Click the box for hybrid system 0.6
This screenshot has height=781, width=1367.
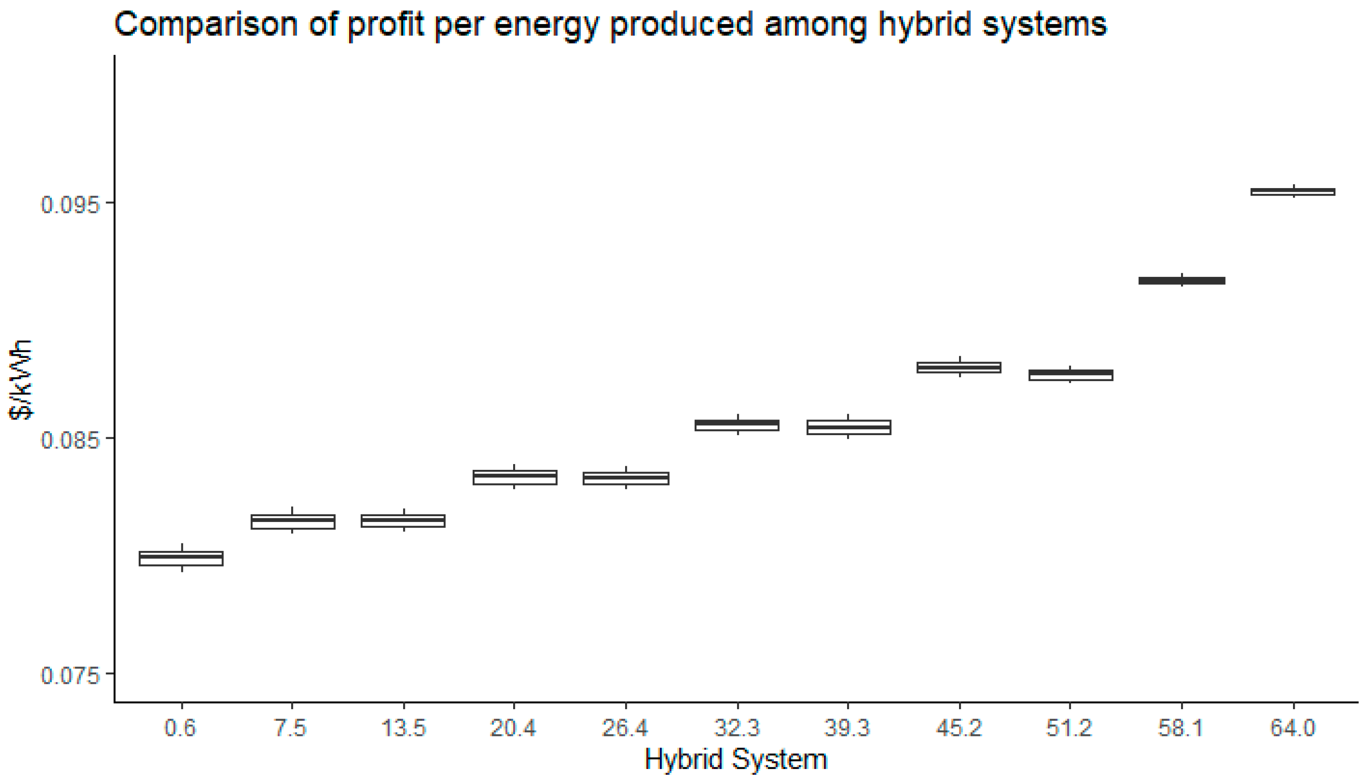pos(181,559)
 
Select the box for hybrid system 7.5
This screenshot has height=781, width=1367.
pos(293,522)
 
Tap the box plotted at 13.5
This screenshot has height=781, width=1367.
pos(403,521)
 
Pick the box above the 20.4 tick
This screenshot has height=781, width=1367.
pos(515,477)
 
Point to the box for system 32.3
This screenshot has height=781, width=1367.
pos(737,425)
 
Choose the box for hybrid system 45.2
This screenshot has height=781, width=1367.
pos(959,367)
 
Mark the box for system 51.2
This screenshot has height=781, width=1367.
pos(1071,375)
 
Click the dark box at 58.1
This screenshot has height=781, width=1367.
pos(1182,280)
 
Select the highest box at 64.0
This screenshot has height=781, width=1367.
pos(1293,192)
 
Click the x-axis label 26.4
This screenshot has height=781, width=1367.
pos(625,728)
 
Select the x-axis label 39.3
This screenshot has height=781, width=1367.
pos(848,728)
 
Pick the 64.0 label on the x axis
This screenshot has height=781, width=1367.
pos(1293,728)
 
